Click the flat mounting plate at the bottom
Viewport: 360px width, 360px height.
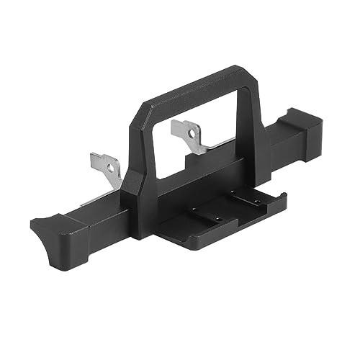[x=216, y=216]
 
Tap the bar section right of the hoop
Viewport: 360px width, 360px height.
[x=277, y=155]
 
